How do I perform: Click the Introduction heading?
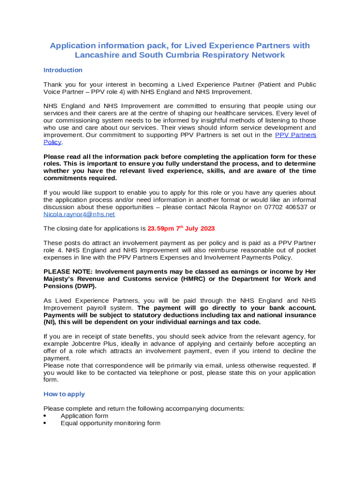click(63, 70)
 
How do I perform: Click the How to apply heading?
click(64, 394)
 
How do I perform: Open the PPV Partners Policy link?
click(295, 135)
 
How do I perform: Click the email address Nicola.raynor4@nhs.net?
click(79, 214)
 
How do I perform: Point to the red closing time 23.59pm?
click(160, 229)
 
